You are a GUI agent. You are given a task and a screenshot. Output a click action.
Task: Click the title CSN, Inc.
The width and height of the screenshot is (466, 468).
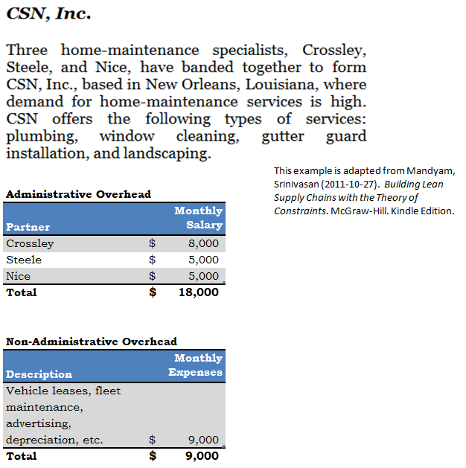coord(48,14)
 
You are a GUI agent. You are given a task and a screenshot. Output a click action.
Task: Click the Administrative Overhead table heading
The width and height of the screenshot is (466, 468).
coord(78,194)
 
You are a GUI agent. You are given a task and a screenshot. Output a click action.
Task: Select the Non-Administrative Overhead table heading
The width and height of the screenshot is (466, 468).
coord(92,342)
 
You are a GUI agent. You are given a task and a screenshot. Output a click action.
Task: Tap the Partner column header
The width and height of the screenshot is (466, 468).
coord(28,227)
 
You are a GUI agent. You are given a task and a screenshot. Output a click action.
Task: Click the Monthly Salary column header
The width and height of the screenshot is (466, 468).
coord(198,218)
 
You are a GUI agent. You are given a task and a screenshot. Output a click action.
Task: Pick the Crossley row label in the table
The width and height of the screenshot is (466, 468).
coord(30,243)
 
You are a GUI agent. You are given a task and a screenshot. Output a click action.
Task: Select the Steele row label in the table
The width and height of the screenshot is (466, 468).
coord(24,260)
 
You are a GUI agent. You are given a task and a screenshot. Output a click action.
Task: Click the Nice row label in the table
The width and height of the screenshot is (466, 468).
coord(19,276)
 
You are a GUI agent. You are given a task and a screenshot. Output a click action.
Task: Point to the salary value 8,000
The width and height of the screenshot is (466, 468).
coord(203,243)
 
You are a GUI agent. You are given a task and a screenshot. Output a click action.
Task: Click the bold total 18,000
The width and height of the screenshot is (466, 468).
coord(199,292)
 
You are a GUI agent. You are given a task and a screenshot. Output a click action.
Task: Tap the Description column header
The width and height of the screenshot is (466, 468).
coord(39,374)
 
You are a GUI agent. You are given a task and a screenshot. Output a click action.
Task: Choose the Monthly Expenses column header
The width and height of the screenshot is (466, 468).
coord(195,365)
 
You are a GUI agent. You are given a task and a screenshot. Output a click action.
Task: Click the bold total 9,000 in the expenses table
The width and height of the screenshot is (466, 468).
coord(202,456)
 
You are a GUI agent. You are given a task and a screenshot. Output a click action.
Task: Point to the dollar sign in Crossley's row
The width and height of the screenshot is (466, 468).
coord(153,243)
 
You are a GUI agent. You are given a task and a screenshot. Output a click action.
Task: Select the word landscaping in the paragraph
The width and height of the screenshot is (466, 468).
coord(171,153)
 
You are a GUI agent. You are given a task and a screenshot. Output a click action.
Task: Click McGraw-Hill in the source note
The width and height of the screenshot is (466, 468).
coord(360,211)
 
